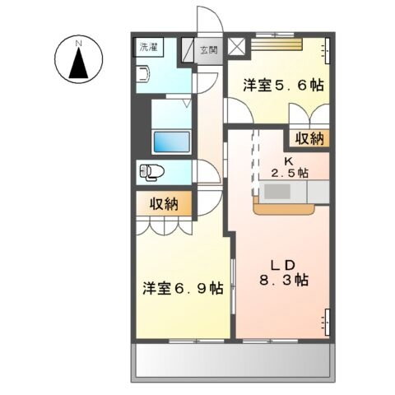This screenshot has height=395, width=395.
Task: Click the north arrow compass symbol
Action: (78, 63)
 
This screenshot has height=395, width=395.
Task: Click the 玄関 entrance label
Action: (209, 50)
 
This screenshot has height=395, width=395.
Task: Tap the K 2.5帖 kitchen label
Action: (289, 166)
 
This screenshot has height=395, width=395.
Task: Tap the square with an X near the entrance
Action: (238, 47)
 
